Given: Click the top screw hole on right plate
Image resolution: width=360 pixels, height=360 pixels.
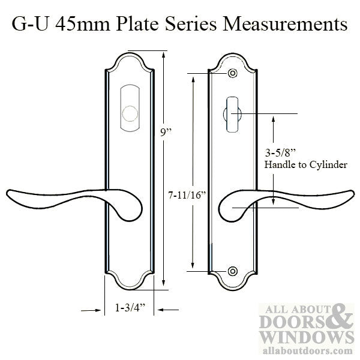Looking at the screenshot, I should click(x=232, y=74).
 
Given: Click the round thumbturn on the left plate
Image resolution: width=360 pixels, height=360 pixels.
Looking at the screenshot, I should click(x=129, y=113).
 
